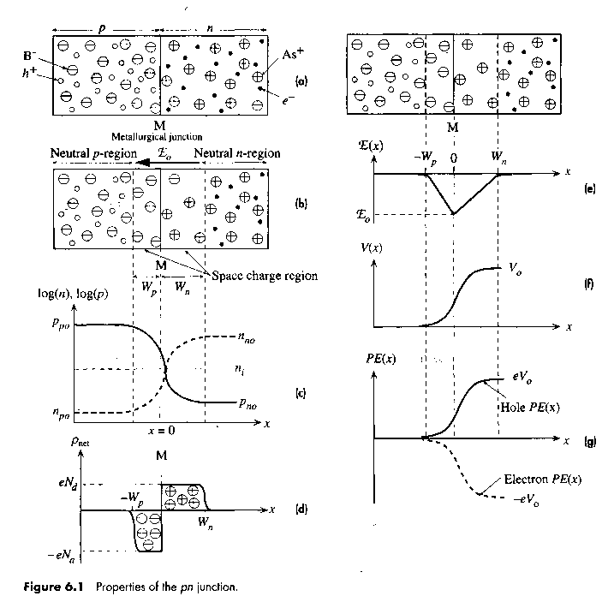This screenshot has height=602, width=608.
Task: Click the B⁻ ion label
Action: point(28,56)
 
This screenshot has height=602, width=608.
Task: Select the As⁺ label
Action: point(293,53)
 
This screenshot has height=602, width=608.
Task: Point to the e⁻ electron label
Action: point(288,100)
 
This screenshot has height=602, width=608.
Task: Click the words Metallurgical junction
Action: point(157,137)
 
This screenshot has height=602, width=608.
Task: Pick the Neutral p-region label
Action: point(93,153)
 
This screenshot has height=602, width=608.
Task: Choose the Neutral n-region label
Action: point(237,153)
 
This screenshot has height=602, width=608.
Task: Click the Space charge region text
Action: point(265,276)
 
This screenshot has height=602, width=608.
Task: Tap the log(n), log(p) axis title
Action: point(73,294)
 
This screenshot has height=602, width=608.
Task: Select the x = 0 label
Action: point(161,430)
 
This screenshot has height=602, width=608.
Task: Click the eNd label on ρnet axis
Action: point(68,484)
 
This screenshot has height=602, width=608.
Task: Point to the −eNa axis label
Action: point(62,556)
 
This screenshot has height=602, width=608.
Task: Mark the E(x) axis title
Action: point(370,146)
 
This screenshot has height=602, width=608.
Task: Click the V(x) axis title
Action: point(371,247)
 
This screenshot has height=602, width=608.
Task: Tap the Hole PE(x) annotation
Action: point(530,407)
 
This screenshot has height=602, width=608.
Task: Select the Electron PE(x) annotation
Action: point(542,480)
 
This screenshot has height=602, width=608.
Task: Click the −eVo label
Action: point(526,500)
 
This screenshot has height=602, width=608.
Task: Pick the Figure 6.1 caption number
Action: point(53,587)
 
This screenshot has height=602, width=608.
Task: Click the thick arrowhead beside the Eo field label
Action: point(145,163)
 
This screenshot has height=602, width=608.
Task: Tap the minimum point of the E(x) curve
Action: point(454,213)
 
